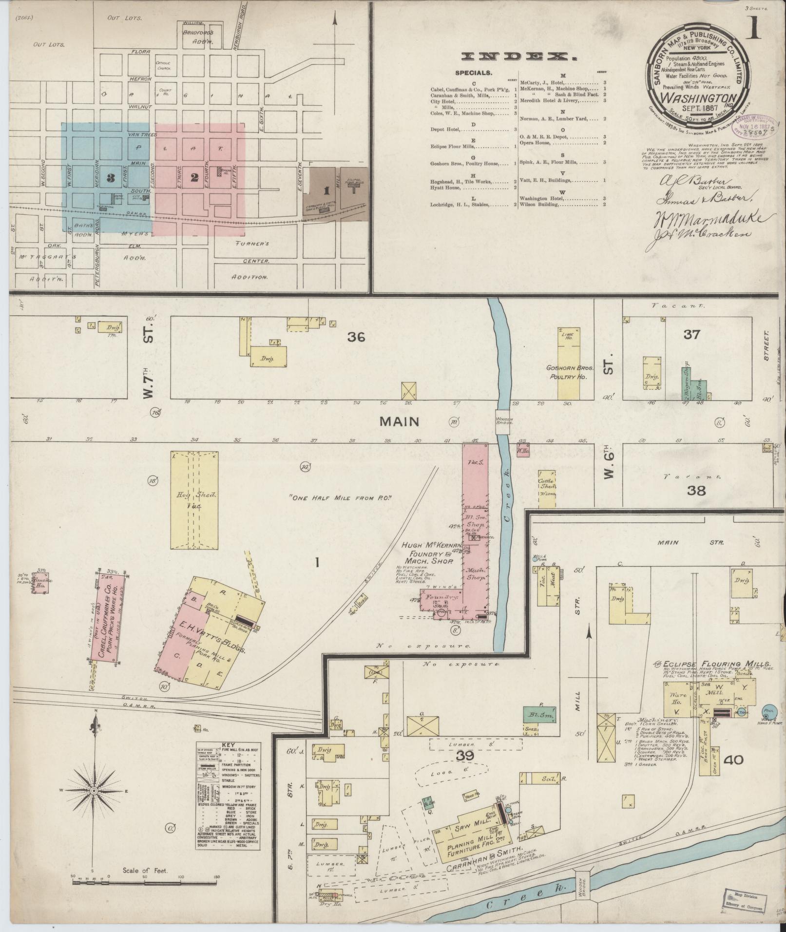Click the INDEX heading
tap(519, 57)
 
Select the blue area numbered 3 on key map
tap(111, 178)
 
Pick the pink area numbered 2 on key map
tap(195, 178)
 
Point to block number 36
tap(356, 337)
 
